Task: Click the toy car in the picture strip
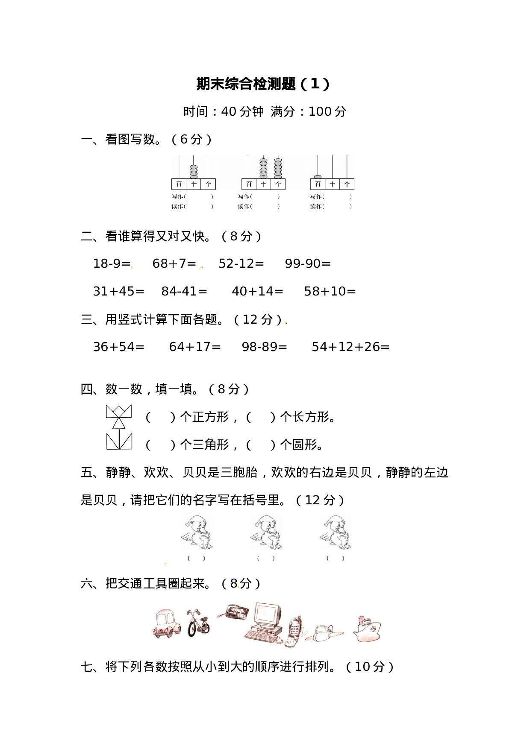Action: click(166, 624)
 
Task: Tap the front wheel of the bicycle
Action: click(192, 629)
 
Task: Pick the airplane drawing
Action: click(324, 632)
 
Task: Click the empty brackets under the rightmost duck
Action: click(335, 558)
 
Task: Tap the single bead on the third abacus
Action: click(318, 176)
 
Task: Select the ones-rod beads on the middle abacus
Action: click(278, 168)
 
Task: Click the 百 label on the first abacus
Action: click(179, 184)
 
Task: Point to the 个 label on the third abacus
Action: click(347, 184)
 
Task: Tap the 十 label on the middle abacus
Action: click(264, 184)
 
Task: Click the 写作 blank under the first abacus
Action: click(199, 196)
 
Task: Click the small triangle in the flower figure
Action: click(119, 423)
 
